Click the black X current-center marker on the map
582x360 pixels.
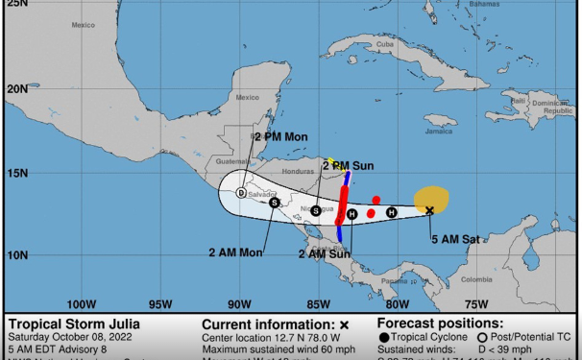tap(429, 210)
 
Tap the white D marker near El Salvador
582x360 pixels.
tap(241, 193)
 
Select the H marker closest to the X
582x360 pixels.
tap(391, 212)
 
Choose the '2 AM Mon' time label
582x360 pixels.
tap(235, 252)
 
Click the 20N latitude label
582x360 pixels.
tap(17, 88)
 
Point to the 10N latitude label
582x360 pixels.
tap(17, 254)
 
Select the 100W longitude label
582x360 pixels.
tap(82, 304)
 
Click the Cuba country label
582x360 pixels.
tap(385, 44)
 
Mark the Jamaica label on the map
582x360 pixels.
tap(440, 132)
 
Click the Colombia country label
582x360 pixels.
tap(476, 279)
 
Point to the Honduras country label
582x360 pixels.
tap(298, 172)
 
